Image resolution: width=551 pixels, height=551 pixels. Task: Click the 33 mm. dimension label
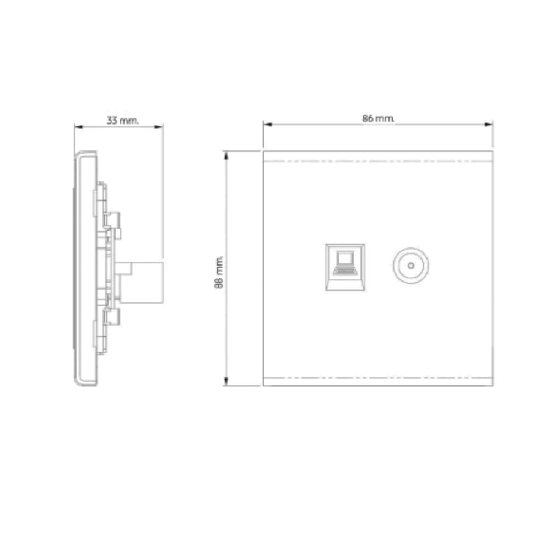[123, 121]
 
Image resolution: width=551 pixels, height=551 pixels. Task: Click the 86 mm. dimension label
[378, 118]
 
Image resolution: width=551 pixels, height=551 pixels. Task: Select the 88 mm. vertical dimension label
[219, 272]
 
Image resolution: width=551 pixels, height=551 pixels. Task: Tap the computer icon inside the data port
[345, 262]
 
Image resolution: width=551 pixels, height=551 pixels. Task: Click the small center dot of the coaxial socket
[411, 266]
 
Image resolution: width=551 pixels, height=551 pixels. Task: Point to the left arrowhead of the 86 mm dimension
[268, 124]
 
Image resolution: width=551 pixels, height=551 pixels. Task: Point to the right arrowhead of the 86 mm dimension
[488, 124]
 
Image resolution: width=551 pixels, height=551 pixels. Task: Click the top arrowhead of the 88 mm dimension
[226, 156]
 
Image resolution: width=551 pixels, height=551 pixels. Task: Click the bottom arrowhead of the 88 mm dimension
[226, 381]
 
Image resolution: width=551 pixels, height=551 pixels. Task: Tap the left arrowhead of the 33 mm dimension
[79, 127]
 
